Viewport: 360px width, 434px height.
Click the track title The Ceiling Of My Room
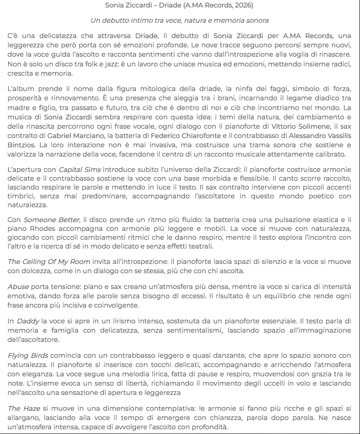pyautogui.click(x=48, y=262)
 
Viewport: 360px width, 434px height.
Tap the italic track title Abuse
pyautogui.click(x=19, y=287)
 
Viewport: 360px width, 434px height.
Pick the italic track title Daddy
pyautogui.click(x=27, y=321)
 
